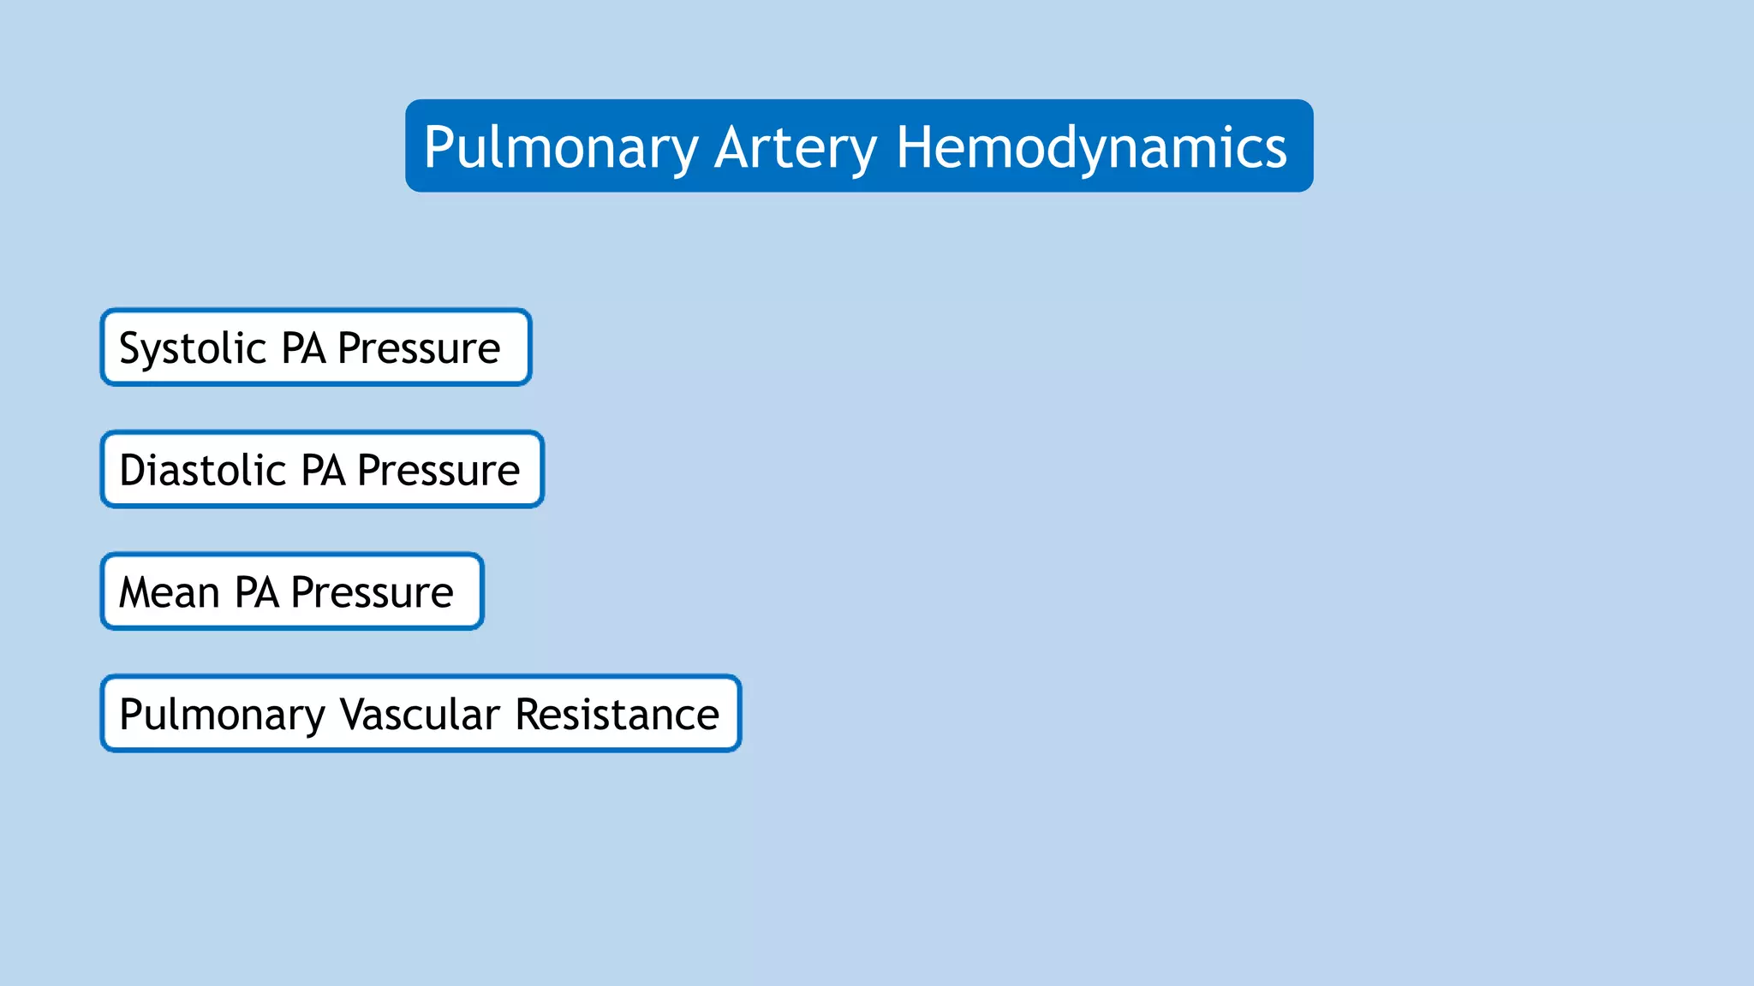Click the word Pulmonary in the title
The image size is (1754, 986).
[561, 148]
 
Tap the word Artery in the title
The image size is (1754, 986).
[795, 148]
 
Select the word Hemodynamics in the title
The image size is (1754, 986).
[1091, 148]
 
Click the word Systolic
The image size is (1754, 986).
[193, 348]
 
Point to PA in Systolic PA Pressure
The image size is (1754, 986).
[303, 348]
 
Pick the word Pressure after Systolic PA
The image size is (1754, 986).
[419, 348]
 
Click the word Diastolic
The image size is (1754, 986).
[202, 470]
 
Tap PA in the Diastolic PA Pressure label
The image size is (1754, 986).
[323, 470]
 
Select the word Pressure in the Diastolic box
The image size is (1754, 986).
[438, 470]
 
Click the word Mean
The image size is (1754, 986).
[170, 592]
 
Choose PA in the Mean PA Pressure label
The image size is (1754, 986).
[257, 592]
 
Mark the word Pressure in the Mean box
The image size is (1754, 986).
[372, 592]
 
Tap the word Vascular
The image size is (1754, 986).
[420, 715]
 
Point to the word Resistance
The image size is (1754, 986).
[617, 715]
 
